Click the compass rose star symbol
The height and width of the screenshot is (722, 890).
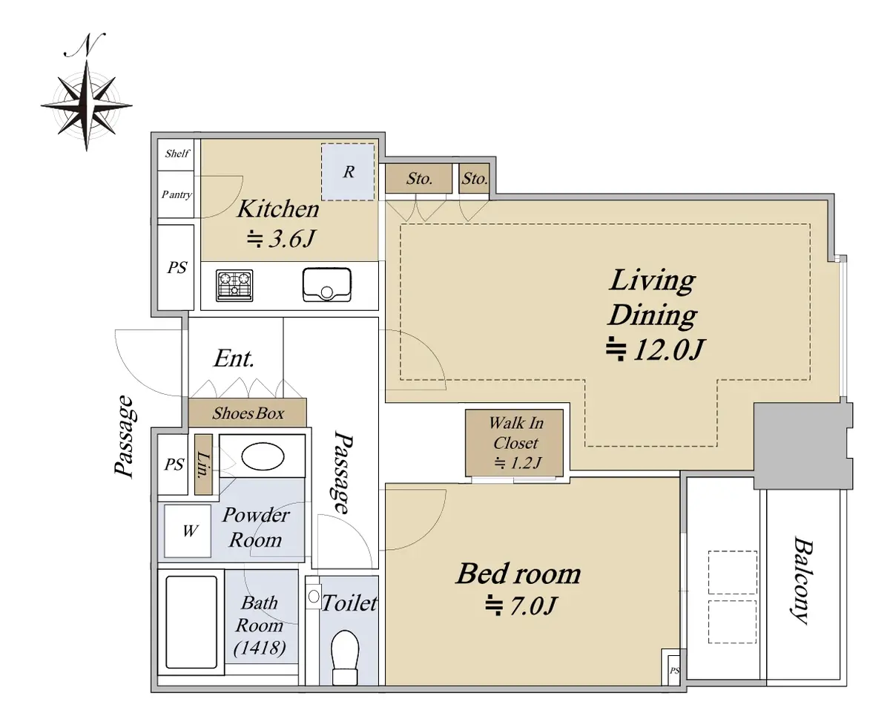point(87,105)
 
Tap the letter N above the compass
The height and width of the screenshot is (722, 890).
point(85,45)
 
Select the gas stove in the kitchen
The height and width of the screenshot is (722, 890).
point(234,286)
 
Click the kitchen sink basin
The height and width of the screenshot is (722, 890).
point(327,284)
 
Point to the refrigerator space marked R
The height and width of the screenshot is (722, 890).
point(348,172)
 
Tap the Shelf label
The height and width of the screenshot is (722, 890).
point(177,154)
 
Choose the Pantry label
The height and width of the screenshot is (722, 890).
point(177,194)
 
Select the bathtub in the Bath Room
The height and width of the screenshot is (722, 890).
point(191,622)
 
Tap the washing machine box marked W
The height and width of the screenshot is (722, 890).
point(188,531)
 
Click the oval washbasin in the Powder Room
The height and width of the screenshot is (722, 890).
point(263,456)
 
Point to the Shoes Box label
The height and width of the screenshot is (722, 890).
point(248,413)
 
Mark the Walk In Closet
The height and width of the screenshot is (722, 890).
point(515,442)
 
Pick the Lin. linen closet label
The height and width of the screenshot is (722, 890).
point(203,465)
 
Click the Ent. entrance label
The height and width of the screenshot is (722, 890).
point(234,358)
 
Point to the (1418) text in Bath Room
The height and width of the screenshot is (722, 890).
point(260,648)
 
